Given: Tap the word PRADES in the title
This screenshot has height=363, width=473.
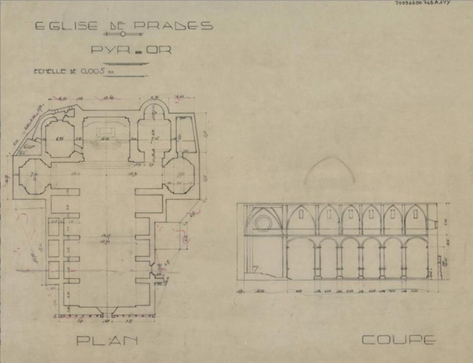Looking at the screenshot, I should click(174, 26).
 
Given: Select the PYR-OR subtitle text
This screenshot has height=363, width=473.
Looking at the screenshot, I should click(131, 50).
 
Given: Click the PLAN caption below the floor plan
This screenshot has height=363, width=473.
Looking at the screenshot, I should click(107, 341).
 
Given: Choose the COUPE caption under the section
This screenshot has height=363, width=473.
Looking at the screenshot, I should click(398, 340).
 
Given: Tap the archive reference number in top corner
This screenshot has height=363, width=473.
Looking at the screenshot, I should click(423, 3).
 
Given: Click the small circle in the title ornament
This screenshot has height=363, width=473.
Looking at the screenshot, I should click(122, 34).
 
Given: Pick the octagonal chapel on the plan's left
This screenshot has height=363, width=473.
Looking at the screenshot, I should click(33, 176).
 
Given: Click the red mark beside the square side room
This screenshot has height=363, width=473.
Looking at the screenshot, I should click(185, 238).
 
